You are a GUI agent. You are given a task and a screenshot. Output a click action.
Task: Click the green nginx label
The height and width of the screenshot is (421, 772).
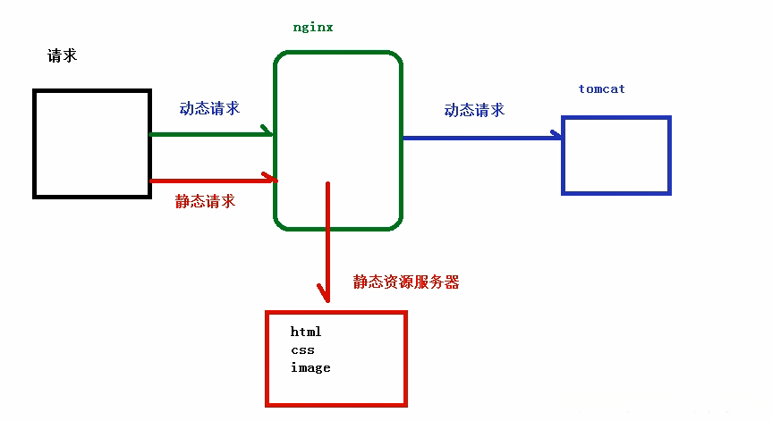pos(313,27)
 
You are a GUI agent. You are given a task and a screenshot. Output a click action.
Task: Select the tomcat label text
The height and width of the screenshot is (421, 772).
pos(601,89)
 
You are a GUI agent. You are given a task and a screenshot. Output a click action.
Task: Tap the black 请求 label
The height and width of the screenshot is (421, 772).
pos(62,55)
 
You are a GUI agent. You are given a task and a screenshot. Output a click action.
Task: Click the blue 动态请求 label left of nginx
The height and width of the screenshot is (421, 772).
pos(209,108)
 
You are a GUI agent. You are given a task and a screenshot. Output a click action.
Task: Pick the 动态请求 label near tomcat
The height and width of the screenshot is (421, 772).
pos(474,110)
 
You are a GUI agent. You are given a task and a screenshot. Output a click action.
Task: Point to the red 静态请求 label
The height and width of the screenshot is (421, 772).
pos(205,201)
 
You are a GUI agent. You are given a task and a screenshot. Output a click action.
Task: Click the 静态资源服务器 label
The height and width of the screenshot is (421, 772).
pos(406,282)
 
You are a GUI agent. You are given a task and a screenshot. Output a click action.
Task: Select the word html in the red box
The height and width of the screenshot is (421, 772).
pos(306,332)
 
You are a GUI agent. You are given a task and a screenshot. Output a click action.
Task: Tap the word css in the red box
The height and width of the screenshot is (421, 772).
pos(302,349)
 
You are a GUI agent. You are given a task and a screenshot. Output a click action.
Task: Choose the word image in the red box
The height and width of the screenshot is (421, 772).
pos(310,367)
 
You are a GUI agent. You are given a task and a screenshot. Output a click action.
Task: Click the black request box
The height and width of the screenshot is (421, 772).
pos(91,143)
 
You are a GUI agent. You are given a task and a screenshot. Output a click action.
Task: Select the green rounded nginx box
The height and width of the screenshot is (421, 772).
pos(337,140)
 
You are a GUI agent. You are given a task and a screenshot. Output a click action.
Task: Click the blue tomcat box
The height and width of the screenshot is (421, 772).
pos(615,156)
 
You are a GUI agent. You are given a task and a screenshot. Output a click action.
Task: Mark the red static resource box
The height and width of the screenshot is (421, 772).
pos(336,358)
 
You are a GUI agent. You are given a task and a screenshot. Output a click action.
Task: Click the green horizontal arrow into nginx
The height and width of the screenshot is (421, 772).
pos(210,134)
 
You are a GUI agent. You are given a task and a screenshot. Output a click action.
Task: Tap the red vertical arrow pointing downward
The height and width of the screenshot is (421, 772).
pos(327,237)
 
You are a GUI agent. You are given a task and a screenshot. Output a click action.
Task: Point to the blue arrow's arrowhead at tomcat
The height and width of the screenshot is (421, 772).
pos(556,137)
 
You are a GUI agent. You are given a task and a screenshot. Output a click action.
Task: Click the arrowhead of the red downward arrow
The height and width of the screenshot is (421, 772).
pos(325,292)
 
